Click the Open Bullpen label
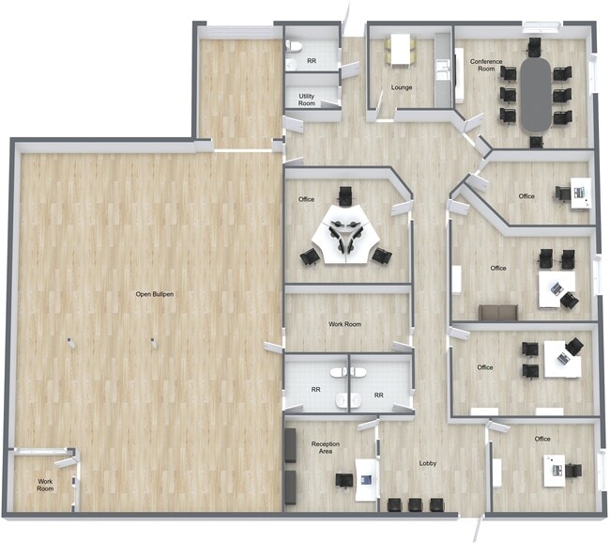pyautogui.click(x=155, y=294)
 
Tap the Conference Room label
pyautogui.click(x=486, y=65)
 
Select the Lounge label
pyautogui.click(x=402, y=87)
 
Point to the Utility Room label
pyautogui.click(x=307, y=100)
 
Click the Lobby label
pyautogui.click(x=428, y=463)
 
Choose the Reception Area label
pyautogui.click(x=326, y=447)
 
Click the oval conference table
pyautogui.click(x=536, y=95)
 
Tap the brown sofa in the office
pyautogui.click(x=498, y=313)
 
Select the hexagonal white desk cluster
pyautogui.click(x=344, y=235)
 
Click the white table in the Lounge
pyautogui.click(x=401, y=49)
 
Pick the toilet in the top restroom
pyautogui.click(x=294, y=46)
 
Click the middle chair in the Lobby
pyautogui.click(x=415, y=504)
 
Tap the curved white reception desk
pyautogui.click(x=366, y=479)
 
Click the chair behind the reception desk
pyautogui.click(x=344, y=480)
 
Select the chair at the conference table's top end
pyautogui.click(x=535, y=46)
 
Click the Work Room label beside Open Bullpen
pyautogui.click(x=45, y=485)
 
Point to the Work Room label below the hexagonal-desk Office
pyautogui.click(x=344, y=324)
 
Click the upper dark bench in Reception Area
pyautogui.click(x=291, y=445)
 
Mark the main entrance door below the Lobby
pyautogui.click(x=480, y=528)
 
